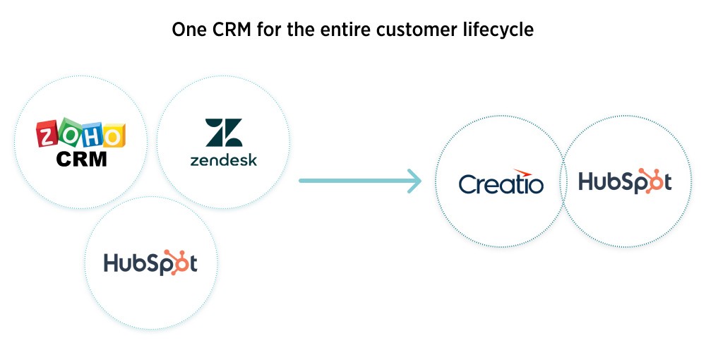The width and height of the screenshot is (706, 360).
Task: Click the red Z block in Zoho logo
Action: (x=48, y=133)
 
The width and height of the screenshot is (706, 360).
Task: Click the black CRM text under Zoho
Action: (x=81, y=159)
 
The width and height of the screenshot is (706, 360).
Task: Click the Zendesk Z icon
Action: (x=224, y=133)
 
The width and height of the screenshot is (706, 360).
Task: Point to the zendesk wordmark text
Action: (x=224, y=160)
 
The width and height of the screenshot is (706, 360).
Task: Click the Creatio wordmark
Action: (x=501, y=184)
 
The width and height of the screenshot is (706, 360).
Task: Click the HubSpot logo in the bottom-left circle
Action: (x=150, y=263)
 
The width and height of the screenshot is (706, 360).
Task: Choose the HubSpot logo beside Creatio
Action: (x=625, y=181)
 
